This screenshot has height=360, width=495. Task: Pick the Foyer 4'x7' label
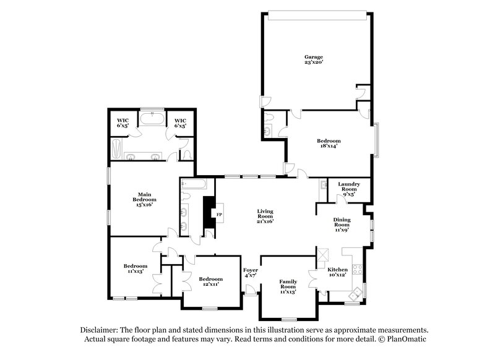pyautogui.click(x=250, y=273)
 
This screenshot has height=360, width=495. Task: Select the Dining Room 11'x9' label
pyautogui.click(x=342, y=224)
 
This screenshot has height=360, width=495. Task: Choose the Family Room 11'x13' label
pyautogui.click(x=288, y=286)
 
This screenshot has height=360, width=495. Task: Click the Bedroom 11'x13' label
pyautogui.click(x=136, y=268)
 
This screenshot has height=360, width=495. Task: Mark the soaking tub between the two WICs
pyautogui.click(x=152, y=119)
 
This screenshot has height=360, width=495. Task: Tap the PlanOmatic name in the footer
pyautogui.click(x=406, y=340)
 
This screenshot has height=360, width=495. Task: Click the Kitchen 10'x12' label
pyautogui.click(x=338, y=273)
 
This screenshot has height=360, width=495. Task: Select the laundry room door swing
pyautogui.click(x=341, y=198)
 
